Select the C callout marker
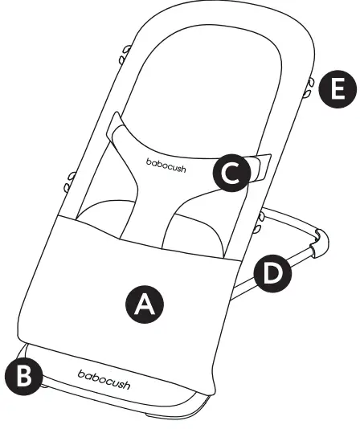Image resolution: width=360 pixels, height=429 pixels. click(231, 173)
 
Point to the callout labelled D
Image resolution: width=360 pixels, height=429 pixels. click(273, 273)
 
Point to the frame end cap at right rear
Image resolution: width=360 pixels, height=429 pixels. click(320, 241)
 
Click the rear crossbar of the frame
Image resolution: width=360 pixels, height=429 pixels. click(289, 219)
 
